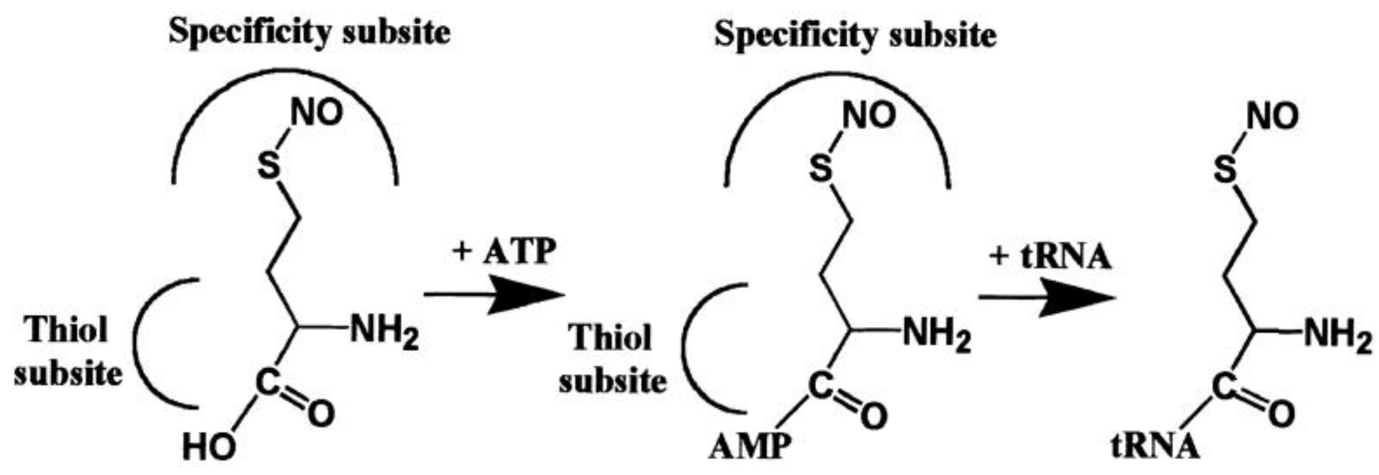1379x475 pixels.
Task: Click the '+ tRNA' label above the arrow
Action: pos(1050,257)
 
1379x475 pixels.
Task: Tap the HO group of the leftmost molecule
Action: pos(209,448)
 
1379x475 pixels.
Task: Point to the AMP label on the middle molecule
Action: pos(749,447)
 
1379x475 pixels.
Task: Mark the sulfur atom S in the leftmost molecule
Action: pos(268,166)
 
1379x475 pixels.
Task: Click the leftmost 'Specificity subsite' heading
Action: pos(309,31)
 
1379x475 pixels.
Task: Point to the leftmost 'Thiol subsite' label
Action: pos(68,351)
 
